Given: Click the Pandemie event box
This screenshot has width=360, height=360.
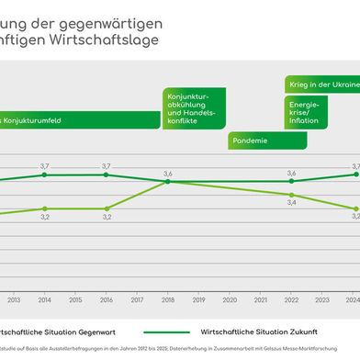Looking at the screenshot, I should pyautogui.click(x=260, y=141).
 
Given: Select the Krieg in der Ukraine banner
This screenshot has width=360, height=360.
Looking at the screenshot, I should pyautogui.click(x=321, y=84).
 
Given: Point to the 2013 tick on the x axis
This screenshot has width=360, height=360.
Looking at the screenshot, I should pyautogui.click(x=13, y=299).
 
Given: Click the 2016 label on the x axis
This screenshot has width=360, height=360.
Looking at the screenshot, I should pyautogui.click(x=107, y=299).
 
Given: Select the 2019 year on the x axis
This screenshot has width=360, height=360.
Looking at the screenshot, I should pyautogui.click(x=199, y=299).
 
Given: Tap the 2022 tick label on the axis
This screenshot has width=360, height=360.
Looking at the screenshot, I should pyautogui.click(x=292, y=299).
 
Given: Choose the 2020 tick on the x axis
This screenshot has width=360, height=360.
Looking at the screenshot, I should pyautogui.click(x=231, y=299).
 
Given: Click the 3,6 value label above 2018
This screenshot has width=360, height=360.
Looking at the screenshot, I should pyautogui.click(x=168, y=173).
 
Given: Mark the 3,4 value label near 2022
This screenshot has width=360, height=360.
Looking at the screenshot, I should pyautogui.click(x=292, y=203).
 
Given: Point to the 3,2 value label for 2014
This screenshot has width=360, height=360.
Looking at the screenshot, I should pyautogui.click(x=44, y=218).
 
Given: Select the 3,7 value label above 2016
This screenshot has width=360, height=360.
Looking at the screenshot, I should pyautogui.click(x=107, y=165).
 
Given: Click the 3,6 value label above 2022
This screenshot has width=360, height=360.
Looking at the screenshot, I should pyautogui.click(x=292, y=173).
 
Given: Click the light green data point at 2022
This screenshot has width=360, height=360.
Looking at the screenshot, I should pyautogui.click(x=292, y=195).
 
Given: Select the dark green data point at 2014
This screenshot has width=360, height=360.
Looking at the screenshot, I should pyautogui.click(x=44, y=174).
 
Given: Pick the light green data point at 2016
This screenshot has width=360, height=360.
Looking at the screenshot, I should pyautogui.click(x=107, y=208).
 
